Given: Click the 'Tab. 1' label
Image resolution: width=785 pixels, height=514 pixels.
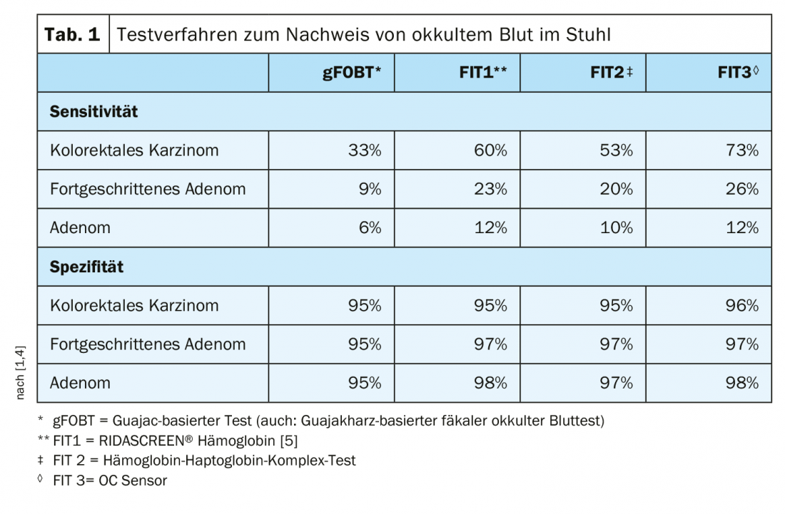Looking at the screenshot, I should click(x=73, y=34).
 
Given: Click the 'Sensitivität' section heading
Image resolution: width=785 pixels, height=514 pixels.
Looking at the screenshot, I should click(x=93, y=112).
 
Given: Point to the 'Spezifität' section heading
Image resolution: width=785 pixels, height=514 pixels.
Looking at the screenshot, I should click(x=86, y=267).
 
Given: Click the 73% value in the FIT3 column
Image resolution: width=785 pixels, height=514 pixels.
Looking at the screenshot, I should click(x=742, y=150).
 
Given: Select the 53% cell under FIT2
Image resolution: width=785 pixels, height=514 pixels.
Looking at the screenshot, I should click(x=617, y=150).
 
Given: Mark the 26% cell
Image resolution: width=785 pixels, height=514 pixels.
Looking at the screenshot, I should click(x=742, y=189).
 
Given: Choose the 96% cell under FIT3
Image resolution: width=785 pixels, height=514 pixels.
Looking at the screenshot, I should click(x=742, y=306).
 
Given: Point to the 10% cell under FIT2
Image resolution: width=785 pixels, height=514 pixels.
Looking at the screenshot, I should click(x=617, y=228).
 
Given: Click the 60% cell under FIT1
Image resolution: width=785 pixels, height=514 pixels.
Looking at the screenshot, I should click(x=491, y=150).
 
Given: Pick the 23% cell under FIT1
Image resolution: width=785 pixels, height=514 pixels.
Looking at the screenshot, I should click(x=491, y=189).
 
